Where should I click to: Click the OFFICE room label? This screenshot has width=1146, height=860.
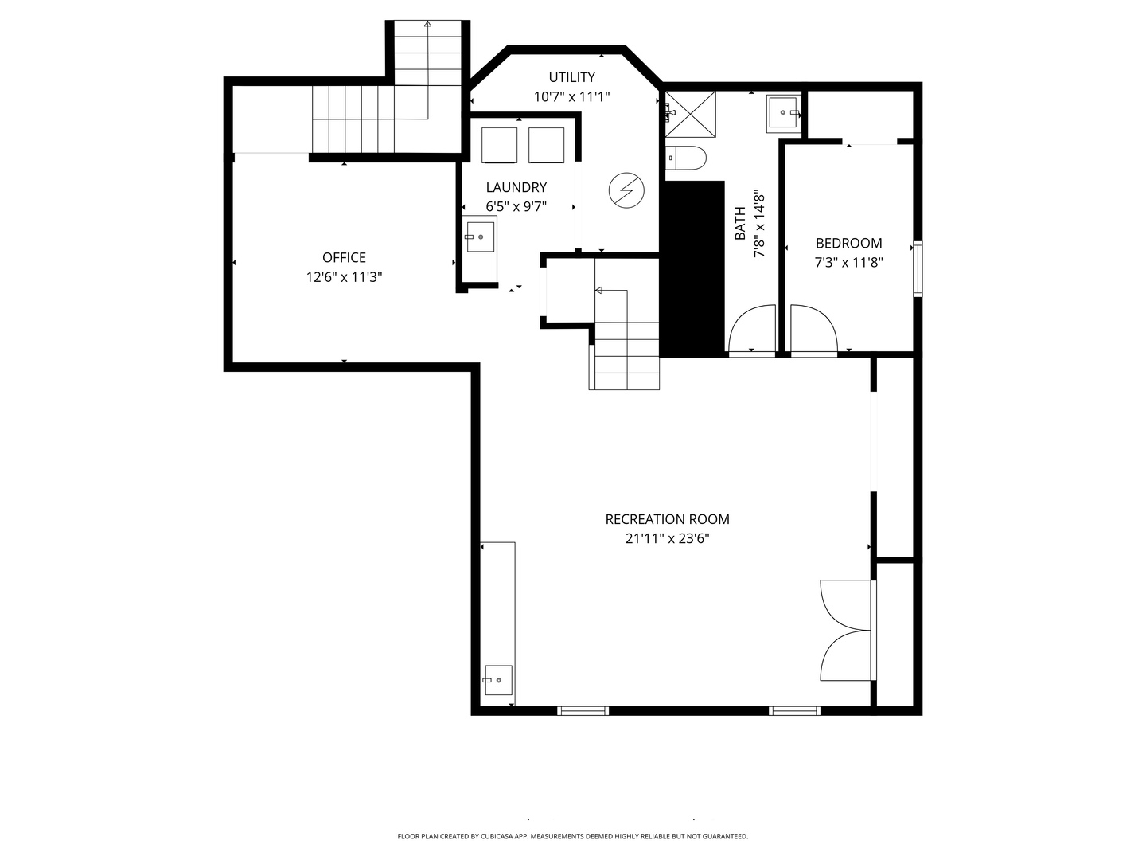(x=344, y=257)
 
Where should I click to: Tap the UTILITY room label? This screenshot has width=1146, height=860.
(x=571, y=77)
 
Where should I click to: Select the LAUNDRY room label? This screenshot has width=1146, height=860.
(x=516, y=187)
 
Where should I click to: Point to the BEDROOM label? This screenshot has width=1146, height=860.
(x=848, y=243)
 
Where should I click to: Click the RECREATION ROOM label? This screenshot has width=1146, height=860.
(x=667, y=519)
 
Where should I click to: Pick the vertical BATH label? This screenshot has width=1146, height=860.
(x=740, y=224)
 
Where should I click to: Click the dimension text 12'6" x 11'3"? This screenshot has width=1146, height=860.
(x=344, y=277)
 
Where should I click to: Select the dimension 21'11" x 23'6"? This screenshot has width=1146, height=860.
(x=667, y=538)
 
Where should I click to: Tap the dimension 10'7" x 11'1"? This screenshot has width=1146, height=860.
(x=571, y=96)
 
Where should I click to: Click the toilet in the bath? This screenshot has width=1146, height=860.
(x=685, y=158)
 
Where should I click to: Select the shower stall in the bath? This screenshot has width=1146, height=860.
(x=690, y=115)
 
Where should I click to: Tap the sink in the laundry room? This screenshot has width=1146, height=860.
(x=480, y=236)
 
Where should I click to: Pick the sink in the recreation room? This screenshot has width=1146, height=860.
(x=497, y=680)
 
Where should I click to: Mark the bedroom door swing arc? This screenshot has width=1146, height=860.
(x=812, y=329)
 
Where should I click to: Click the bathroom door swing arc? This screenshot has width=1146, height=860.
(x=753, y=329)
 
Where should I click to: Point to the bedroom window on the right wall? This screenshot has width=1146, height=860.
(x=917, y=268)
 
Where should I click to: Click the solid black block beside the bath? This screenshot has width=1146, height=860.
(x=693, y=268)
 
